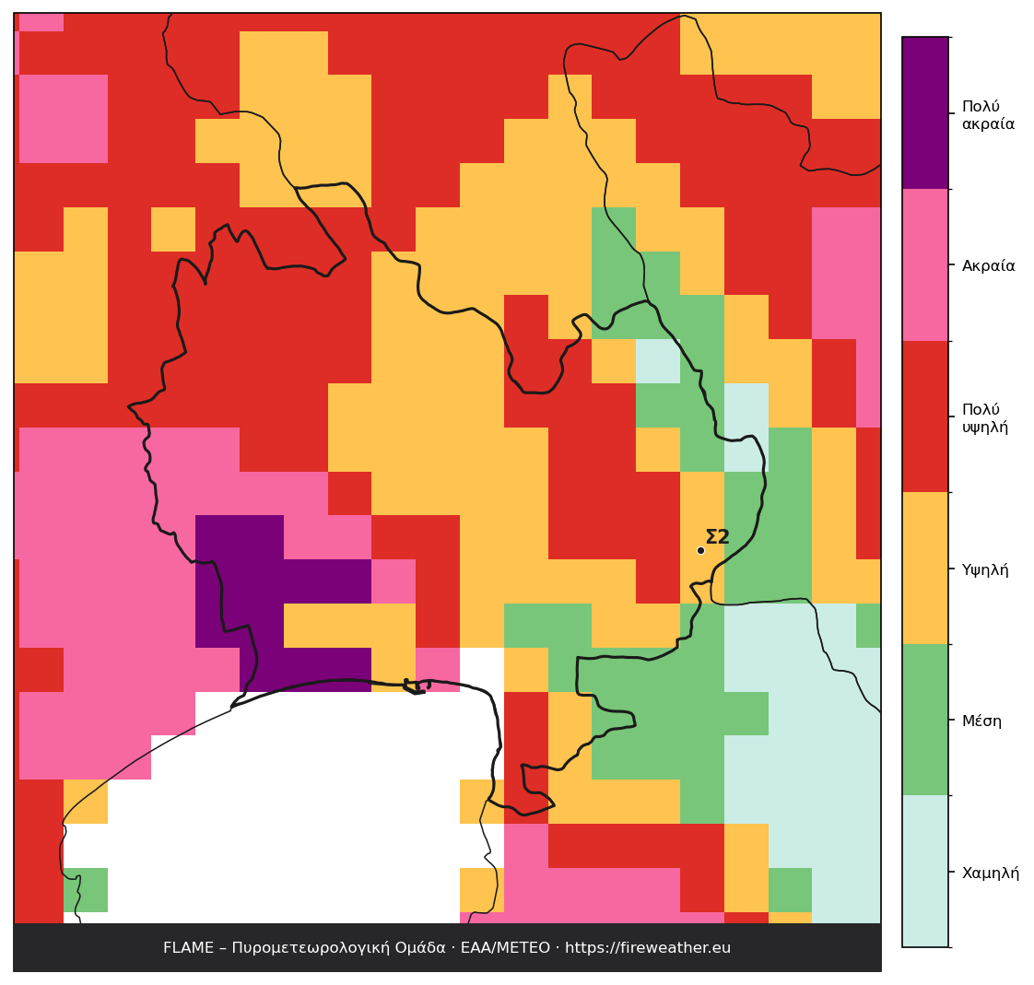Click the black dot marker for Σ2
pyautogui.click(x=700, y=550)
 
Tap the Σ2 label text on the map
pyautogui.click(x=718, y=537)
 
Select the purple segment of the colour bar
pyautogui.click(x=925, y=112)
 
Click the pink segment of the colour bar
pyautogui.click(x=925, y=264)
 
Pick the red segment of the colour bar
pyautogui.click(x=925, y=416)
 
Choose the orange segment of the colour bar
pyautogui.click(x=925, y=568)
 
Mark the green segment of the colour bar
pyautogui.click(x=925, y=720)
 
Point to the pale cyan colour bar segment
pyautogui.click(x=925, y=871)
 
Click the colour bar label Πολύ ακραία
pyautogui.click(x=988, y=115)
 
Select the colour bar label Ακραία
pyautogui.click(x=989, y=265)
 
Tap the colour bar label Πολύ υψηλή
pyautogui.click(x=985, y=418)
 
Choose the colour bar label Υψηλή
pyautogui.click(x=985, y=569)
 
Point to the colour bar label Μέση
pyautogui.click(x=981, y=721)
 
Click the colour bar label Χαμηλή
pyautogui.click(x=991, y=873)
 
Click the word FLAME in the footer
pyautogui.click(x=188, y=947)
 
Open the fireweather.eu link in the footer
pyautogui.click(x=648, y=947)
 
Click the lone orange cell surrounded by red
pyautogui.click(x=173, y=229)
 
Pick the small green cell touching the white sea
pyautogui.click(x=86, y=890)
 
